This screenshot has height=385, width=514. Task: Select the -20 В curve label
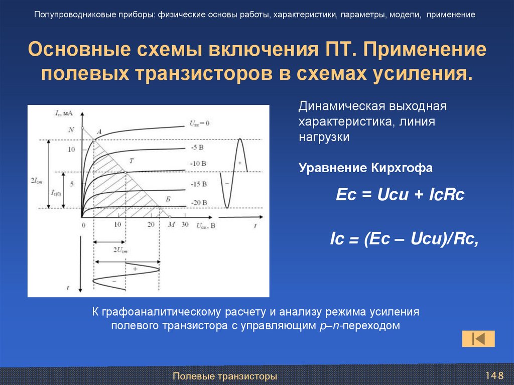click(199, 202)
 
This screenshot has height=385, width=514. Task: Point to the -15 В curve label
click(199, 184)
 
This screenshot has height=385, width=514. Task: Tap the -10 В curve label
click(199, 164)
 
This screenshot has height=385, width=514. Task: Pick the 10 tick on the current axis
click(71, 150)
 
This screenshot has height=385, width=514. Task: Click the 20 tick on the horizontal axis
click(151, 224)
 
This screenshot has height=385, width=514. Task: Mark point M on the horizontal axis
click(171, 224)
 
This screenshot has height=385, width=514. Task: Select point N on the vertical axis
click(71, 130)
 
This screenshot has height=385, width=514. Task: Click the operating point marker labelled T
click(131, 161)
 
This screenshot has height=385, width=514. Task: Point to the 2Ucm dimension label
click(120, 249)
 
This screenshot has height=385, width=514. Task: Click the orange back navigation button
click(478, 338)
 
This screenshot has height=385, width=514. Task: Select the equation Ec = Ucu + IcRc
click(400, 195)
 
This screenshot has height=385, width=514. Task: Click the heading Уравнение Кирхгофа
click(365, 168)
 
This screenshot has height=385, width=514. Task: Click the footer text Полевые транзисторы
click(224, 376)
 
